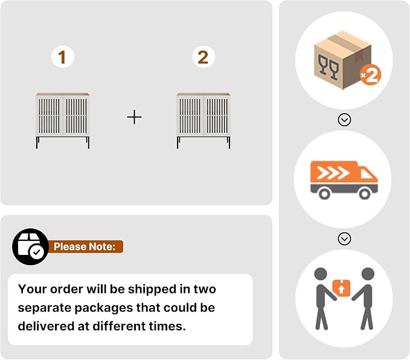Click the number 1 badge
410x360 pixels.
pyautogui.click(x=63, y=57)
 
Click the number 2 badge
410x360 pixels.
pyautogui.click(x=203, y=57)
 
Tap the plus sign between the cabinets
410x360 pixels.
pyautogui.click(x=135, y=117)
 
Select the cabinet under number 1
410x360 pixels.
pyautogui.click(x=63, y=121)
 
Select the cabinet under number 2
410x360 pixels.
pyautogui.click(x=203, y=121)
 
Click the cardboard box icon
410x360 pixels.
pyautogui.click(x=342, y=60)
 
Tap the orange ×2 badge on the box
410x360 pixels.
pyautogui.click(x=370, y=74)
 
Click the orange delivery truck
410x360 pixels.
pyautogui.click(x=344, y=180)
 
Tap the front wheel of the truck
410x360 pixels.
pyautogui.click(x=365, y=194)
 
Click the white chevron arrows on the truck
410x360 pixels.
pyautogui.click(x=333, y=173)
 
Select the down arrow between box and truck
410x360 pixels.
pyautogui.click(x=344, y=120)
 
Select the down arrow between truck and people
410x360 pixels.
pyautogui.click(x=344, y=239)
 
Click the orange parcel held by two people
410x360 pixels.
pyautogui.click(x=341, y=288)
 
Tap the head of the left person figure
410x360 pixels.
pyautogui.click(x=321, y=274)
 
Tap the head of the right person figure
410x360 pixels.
pyautogui.click(x=368, y=274)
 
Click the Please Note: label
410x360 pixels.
pyautogui.click(x=85, y=246)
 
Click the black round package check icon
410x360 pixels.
pyautogui.click(x=31, y=246)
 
